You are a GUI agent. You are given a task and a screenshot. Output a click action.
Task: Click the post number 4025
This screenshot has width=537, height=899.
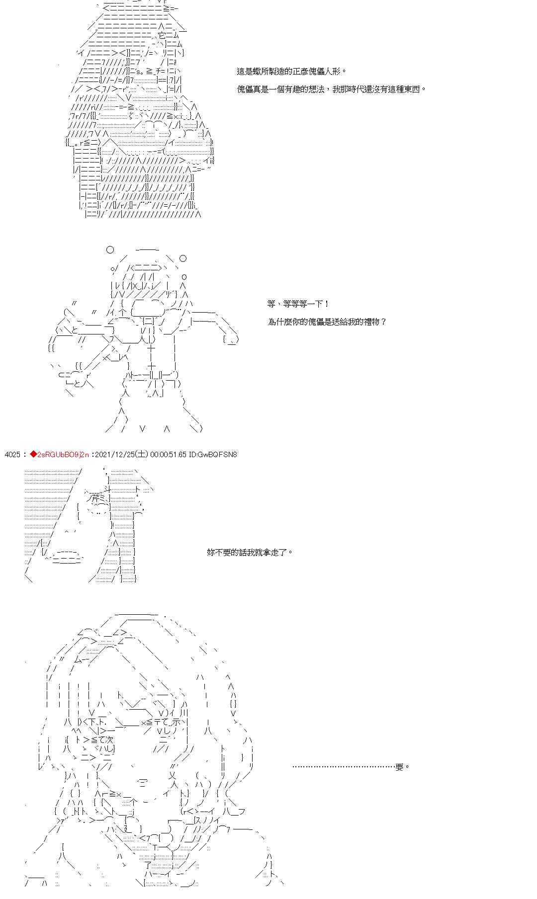(12, 454)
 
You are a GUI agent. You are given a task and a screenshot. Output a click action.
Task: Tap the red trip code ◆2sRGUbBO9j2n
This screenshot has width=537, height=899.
(59, 454)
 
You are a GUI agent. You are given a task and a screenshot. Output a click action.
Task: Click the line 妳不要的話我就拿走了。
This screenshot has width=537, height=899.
(250, 552)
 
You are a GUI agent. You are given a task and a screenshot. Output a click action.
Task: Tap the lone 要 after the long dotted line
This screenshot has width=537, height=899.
(399, 767)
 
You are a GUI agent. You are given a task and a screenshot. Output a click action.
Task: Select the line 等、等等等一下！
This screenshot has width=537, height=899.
(297, 304)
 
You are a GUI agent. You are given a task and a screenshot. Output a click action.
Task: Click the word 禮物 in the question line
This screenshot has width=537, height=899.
(372, 322)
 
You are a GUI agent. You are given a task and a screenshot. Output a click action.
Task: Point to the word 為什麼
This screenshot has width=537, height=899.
(280, 322)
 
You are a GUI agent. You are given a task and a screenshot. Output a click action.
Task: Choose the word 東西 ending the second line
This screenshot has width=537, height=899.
(413, 89)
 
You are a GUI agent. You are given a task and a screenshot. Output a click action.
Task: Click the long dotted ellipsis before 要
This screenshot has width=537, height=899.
(343, 767)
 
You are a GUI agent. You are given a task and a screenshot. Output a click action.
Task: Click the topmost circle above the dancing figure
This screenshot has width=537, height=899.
(110, 249)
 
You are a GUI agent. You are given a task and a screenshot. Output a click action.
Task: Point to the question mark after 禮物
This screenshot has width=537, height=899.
(383, 322)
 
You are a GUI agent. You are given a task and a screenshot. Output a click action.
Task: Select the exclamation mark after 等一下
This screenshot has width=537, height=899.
(326, 304)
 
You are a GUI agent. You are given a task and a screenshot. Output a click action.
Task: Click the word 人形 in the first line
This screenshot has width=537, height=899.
(336, 72)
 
